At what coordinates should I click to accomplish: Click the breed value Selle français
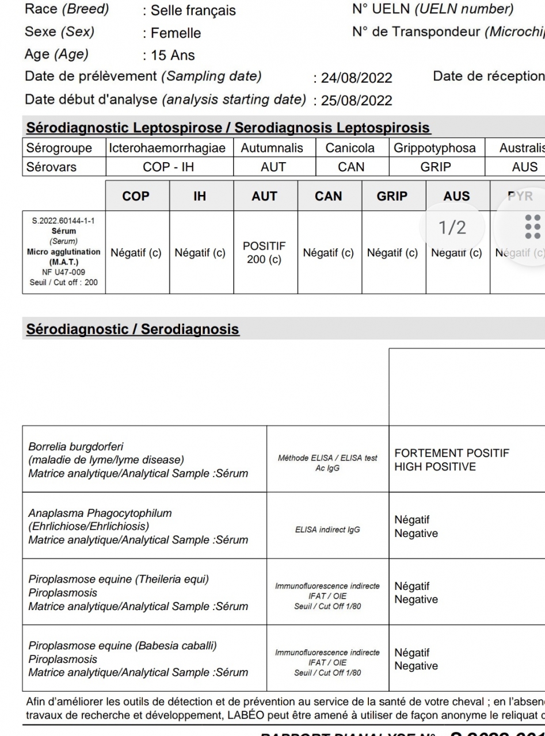tap(193, 11)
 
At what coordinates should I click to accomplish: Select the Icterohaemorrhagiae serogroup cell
tap(170, 148)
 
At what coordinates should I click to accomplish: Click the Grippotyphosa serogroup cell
tap(435, 148)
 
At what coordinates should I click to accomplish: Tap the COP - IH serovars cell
tap(170, 168)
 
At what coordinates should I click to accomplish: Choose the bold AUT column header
tap(265, 196)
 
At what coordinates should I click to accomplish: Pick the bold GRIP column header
tap(392, 196)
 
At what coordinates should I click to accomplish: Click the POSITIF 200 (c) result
tap(265, 253)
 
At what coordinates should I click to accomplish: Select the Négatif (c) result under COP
tap(137, 253)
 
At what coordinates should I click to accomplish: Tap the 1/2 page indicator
tap(452, 228)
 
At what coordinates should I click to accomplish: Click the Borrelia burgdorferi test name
tap(76, 447)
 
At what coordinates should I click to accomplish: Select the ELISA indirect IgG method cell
tap(327, 530)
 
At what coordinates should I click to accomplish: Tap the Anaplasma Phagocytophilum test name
tap(100, 513)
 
